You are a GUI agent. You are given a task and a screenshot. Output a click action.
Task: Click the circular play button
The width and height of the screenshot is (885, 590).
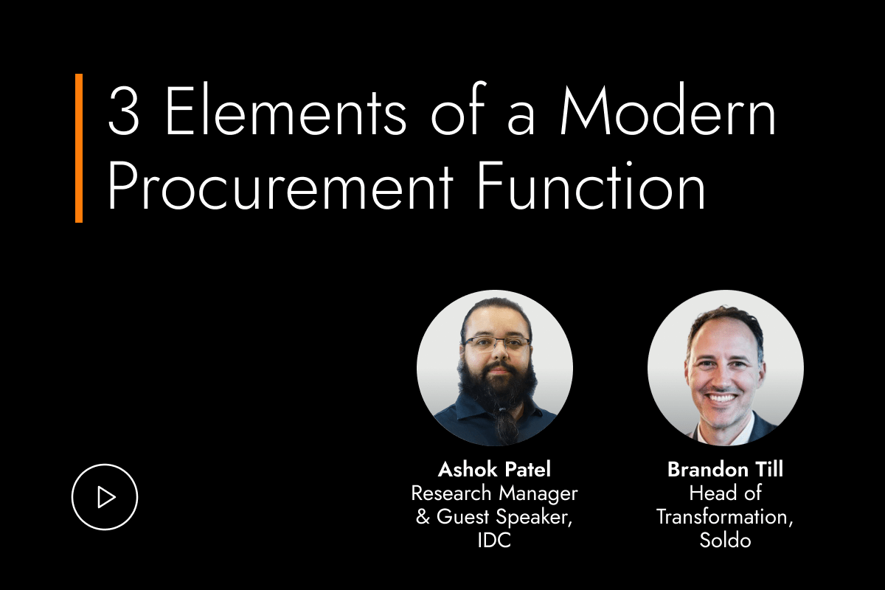pos(105,497)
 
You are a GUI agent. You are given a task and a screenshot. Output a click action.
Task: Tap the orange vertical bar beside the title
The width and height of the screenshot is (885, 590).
pos(78,147)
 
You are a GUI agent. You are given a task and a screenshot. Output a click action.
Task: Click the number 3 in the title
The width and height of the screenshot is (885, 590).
pos(124,113)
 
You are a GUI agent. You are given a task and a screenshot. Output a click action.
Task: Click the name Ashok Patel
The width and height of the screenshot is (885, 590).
pos(494,469)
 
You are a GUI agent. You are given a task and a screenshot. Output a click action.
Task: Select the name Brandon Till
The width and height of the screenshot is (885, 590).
pos(725,469)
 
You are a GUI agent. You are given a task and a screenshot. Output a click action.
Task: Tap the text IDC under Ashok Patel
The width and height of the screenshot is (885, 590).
pos(494,540)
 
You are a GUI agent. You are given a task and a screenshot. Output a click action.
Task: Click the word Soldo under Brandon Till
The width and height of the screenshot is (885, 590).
pos(725,540)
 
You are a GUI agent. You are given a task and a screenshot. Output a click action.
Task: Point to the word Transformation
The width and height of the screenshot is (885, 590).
pos(725,516)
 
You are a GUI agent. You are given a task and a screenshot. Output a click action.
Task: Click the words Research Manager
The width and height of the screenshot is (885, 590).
pos(494,493)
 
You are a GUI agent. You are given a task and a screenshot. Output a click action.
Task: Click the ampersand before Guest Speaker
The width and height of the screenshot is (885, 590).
pos(423,516)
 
